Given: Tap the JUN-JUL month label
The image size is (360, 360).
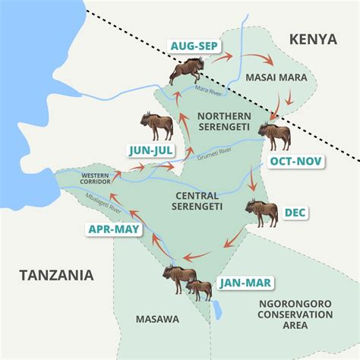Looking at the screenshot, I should coord(150,150).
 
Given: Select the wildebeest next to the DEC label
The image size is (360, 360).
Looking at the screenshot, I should coord(261,213).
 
